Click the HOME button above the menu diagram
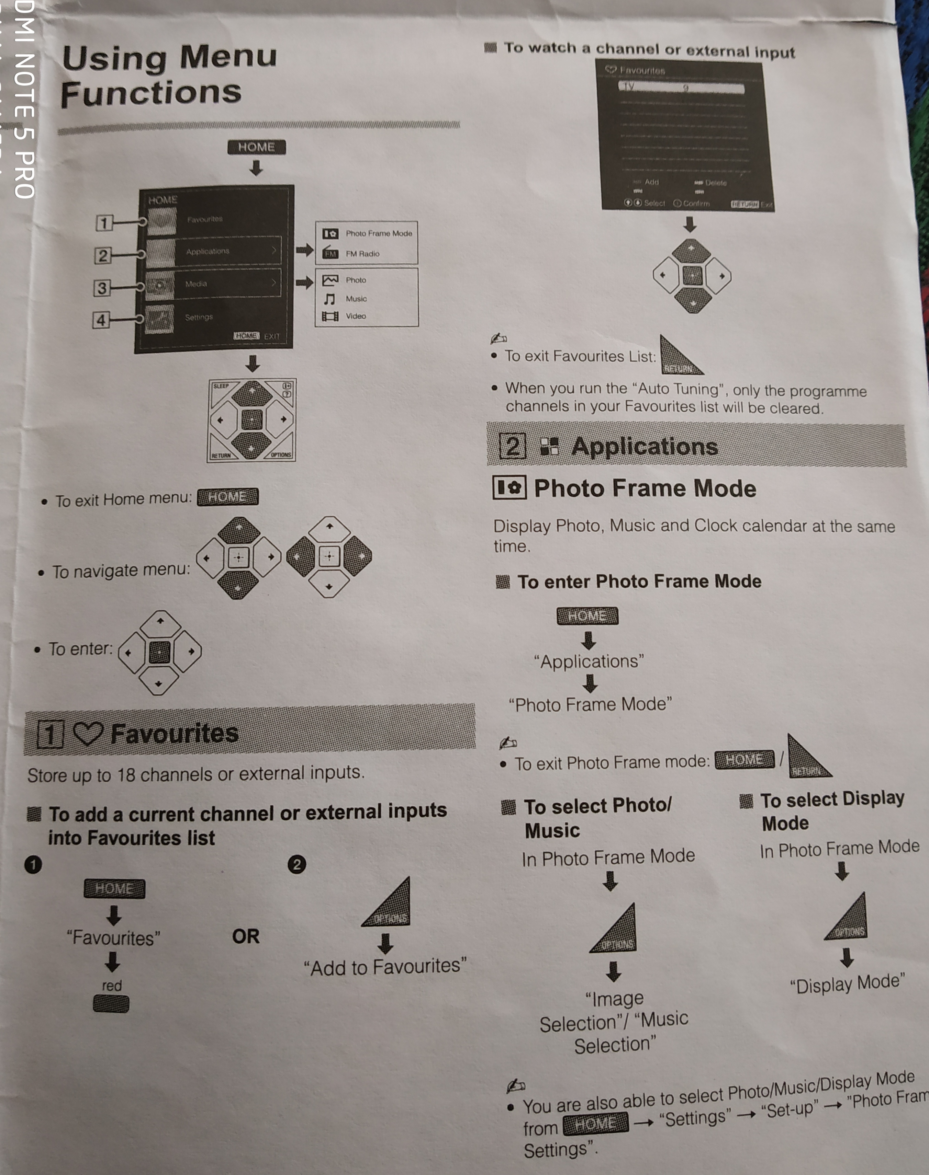256,147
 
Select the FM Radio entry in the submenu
362,254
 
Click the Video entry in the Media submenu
356,316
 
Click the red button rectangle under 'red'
111,1004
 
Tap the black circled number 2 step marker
297,864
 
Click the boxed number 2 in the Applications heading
512,446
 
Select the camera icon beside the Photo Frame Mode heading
509,487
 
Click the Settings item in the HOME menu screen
199,317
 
